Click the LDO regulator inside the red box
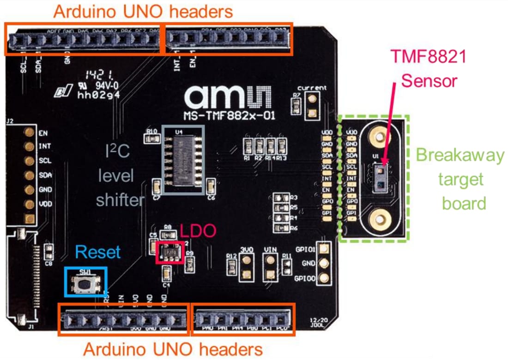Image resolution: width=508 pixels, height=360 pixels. [x=169, y=252]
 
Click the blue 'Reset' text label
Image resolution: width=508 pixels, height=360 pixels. [x=98, y=252]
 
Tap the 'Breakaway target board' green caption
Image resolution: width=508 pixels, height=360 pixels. [x=460, y=179]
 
